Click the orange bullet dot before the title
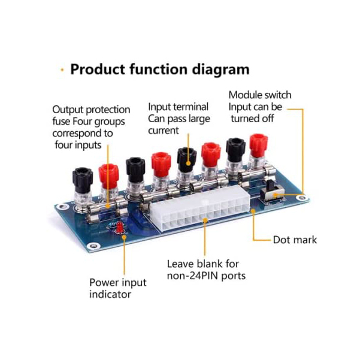point(62,70)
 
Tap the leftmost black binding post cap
point(81,176)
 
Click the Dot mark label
point(295,240)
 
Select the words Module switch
point(260,95)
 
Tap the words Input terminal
point(179,107)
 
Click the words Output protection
point(91,110)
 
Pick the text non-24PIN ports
point(206,276)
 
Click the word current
point(164,130)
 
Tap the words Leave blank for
point(203,264)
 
